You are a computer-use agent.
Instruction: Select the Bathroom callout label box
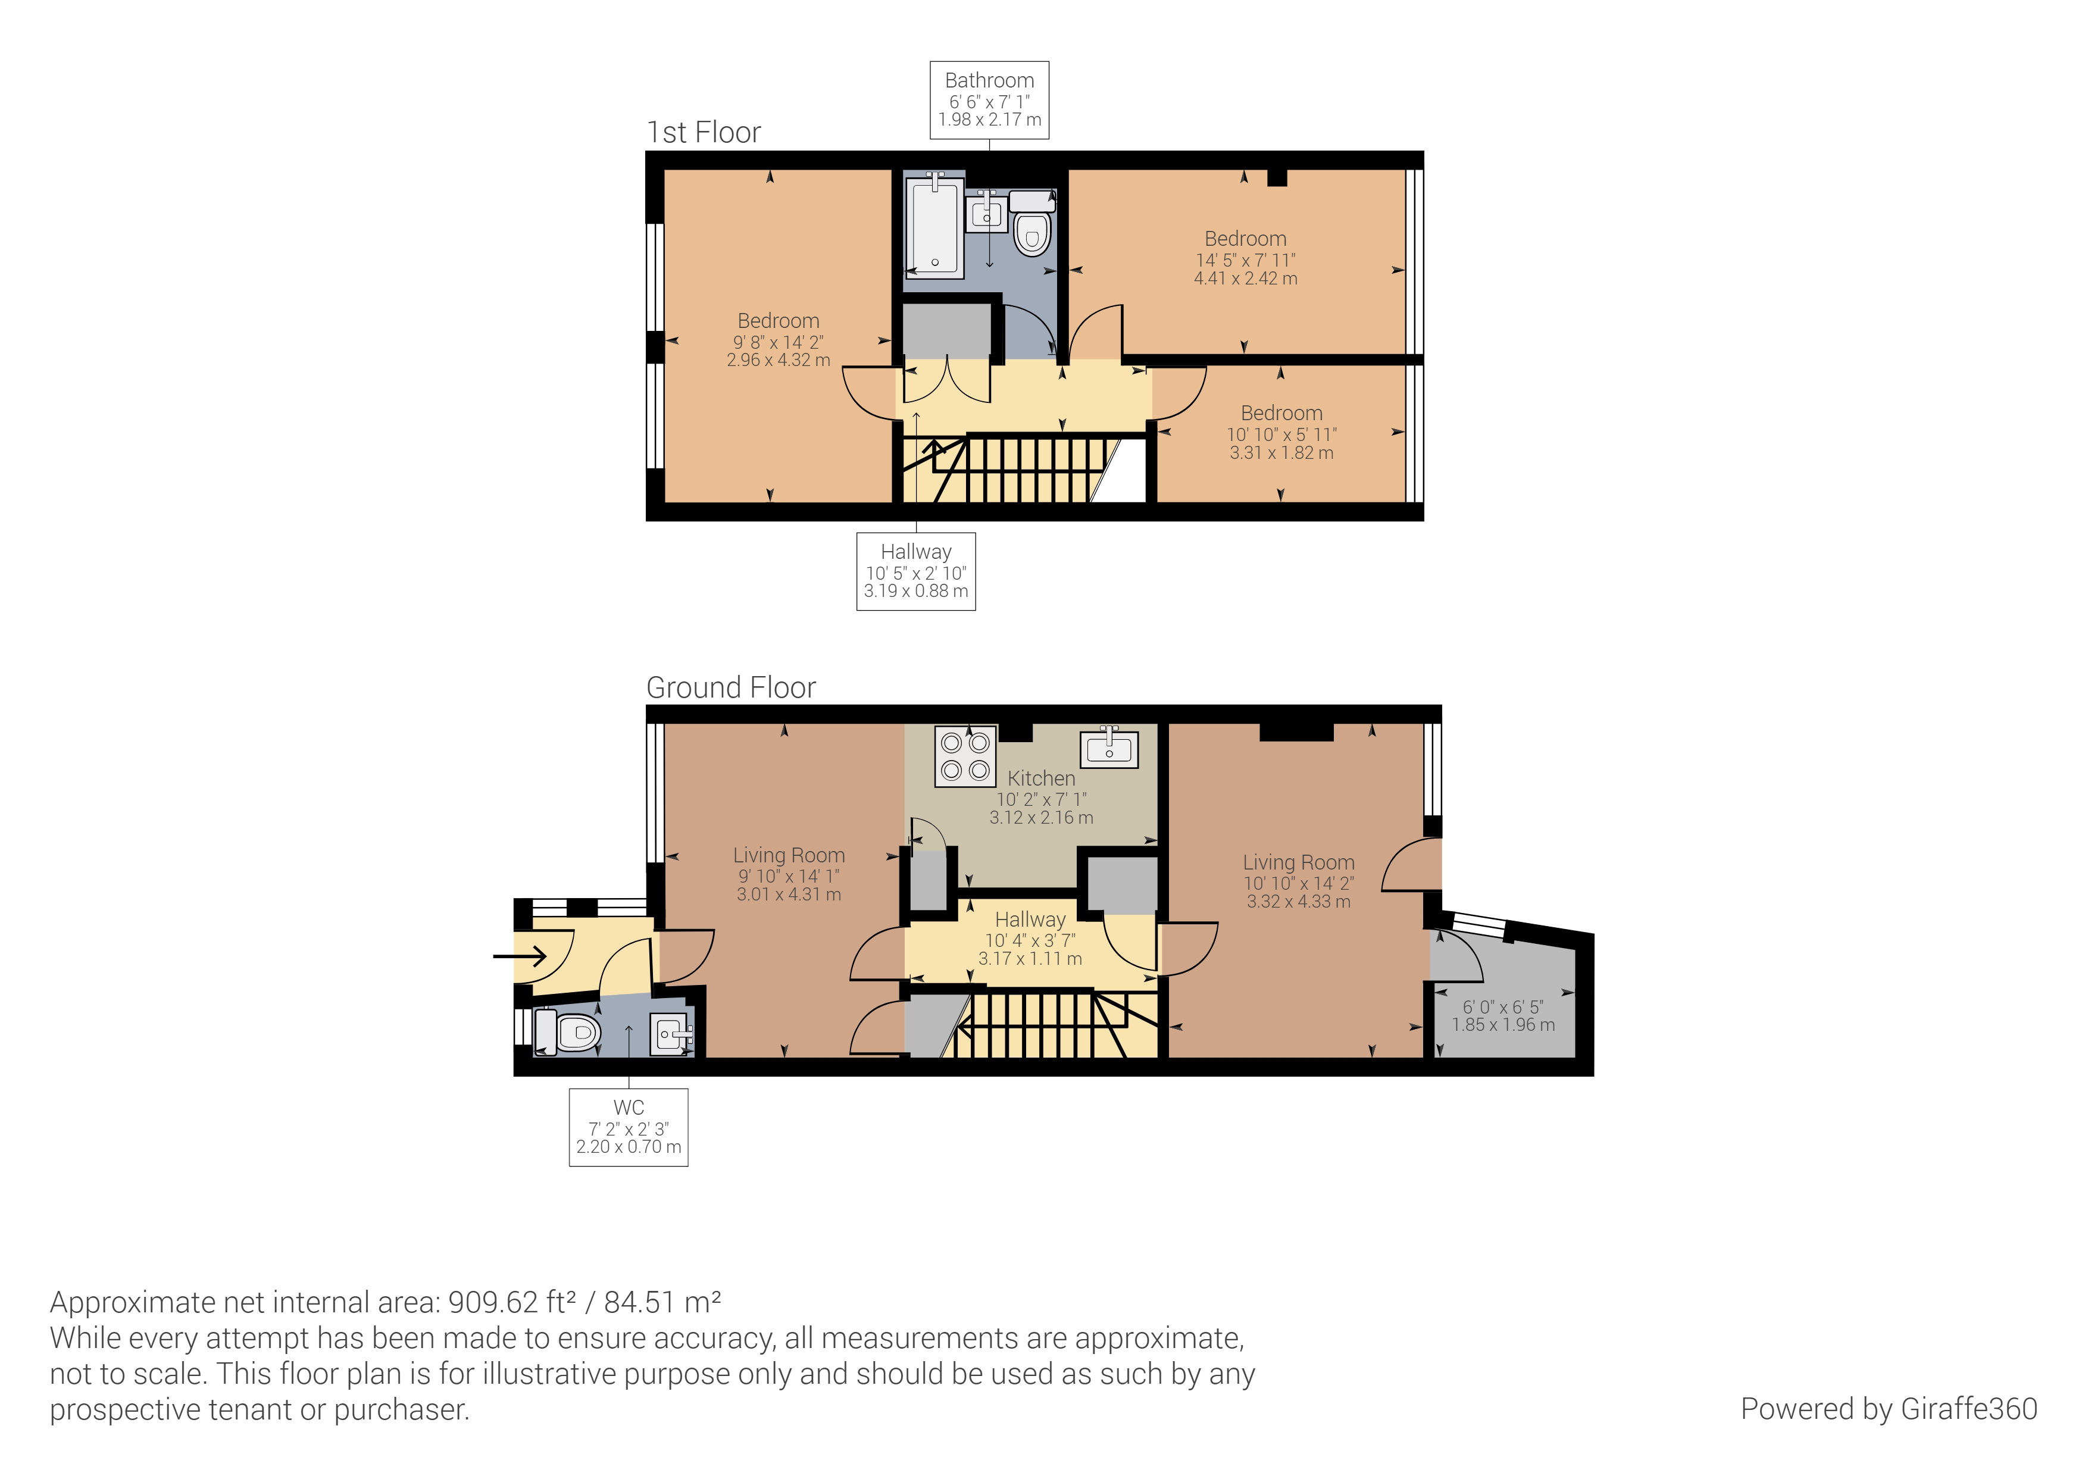(x=989, y=100)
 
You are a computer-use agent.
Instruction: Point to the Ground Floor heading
(x=730, y=687)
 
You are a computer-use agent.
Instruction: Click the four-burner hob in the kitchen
(x=965, y=756)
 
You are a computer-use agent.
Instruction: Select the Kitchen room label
(x=1041, y=778)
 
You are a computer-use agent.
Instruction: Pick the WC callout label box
(x=629, y=1127)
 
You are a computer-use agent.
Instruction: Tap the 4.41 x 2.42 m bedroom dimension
(x=1245, y=279)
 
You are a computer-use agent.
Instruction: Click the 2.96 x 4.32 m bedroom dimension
(x=779, y=360)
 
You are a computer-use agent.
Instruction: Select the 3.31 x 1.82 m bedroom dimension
(x=1281, y=453)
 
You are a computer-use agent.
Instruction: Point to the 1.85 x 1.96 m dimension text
(x=1504, y=1025)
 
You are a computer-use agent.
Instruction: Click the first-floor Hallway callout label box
(x=916, y=571)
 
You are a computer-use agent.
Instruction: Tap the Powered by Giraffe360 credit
(x=1888, y=1409)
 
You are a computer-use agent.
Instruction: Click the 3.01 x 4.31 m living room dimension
(x=789, y=895)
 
